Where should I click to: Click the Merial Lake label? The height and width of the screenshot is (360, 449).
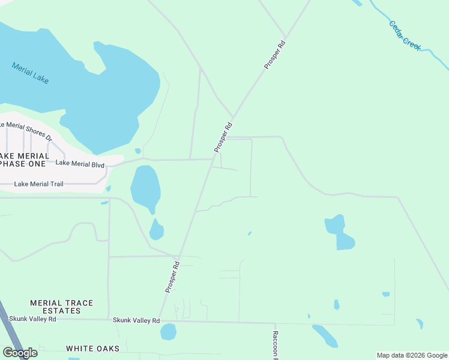pos(30,73)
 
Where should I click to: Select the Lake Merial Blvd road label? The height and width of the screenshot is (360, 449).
pos(80,164)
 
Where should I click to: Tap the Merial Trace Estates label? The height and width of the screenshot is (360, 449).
pos(62,307)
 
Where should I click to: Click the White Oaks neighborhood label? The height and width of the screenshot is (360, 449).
pos(92,349)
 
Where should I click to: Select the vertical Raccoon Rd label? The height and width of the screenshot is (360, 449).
pos(275,345)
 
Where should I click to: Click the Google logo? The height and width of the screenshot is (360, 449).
pos(20,352)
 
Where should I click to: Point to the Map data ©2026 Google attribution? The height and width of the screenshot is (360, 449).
pos(412,356)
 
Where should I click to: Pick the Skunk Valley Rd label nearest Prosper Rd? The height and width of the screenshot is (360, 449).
pos(136,320)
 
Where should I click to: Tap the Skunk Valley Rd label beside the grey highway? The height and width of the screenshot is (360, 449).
pos(36,319)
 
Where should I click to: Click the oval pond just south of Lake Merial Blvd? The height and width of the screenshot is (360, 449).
pos(145,187)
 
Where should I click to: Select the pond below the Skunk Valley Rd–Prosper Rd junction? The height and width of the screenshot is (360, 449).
pos(168,331)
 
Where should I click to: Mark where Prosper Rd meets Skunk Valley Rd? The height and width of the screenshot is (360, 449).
pos(158,320)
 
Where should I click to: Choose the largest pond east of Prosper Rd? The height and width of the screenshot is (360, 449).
pos(339,232)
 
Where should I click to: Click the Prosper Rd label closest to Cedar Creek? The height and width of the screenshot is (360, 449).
pos(274,53)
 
